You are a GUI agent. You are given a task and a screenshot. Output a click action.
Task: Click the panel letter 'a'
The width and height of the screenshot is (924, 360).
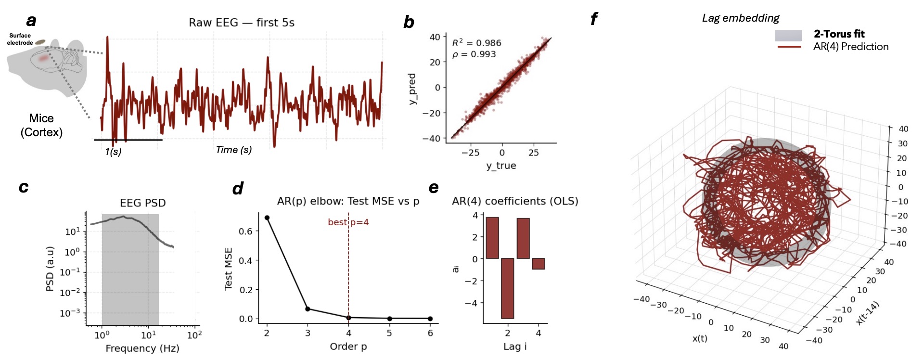31,21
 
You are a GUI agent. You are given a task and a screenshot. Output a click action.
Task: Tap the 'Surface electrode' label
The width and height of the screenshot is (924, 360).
20,39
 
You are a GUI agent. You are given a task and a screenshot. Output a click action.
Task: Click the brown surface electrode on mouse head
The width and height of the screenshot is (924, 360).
40,42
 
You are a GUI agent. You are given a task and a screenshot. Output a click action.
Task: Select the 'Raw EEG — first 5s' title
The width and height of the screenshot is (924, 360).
241,23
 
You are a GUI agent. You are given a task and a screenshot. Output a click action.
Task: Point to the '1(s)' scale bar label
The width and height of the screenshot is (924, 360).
113,152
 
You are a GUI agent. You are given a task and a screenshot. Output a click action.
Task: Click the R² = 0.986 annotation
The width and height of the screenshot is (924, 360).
476,43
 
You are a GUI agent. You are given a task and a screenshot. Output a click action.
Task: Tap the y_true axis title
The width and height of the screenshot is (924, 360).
501,166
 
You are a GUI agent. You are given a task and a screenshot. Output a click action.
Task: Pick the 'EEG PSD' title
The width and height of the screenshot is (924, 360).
142,203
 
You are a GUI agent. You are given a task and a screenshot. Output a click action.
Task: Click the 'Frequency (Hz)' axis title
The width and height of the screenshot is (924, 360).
142,348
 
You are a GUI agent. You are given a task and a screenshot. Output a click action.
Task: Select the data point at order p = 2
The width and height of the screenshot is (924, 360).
267,218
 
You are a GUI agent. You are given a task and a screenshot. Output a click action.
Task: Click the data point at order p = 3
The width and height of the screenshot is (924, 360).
308,309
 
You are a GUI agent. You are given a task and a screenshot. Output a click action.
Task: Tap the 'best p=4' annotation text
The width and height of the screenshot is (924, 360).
348,222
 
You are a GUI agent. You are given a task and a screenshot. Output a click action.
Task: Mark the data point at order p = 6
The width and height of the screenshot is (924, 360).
430,319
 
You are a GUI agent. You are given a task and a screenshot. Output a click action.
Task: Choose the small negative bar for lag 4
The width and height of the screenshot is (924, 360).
538,264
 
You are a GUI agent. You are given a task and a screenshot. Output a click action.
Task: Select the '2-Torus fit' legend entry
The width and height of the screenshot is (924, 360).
839,34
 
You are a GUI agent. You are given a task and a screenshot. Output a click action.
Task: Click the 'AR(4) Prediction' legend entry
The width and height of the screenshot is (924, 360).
850,47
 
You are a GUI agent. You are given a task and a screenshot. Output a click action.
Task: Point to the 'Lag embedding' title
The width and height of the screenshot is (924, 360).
740,18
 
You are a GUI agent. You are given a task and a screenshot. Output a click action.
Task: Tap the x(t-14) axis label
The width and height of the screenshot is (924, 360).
868,313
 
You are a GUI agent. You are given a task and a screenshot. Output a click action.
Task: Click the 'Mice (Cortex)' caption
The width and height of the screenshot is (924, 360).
41,125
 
